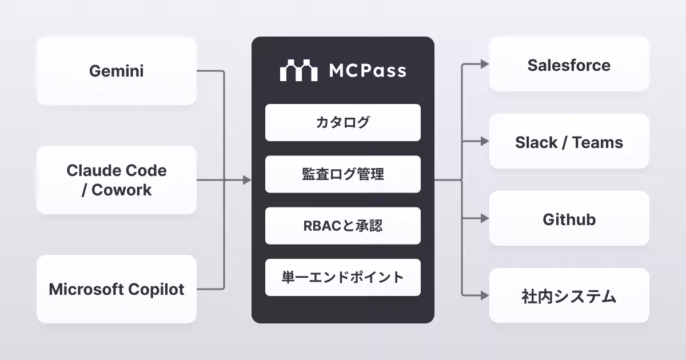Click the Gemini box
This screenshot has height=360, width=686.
click(117, 71)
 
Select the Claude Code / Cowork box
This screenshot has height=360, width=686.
click(117, 180)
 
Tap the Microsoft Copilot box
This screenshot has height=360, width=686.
click(117, 289)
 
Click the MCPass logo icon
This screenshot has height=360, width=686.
click(298, 70)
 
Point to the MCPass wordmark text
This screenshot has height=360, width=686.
click(368, 71)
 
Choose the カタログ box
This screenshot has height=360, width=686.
click(342, 122)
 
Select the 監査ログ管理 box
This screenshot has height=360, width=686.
click(342, 174)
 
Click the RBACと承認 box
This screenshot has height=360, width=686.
click(342, 226)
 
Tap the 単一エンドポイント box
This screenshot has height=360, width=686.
click(342, 278)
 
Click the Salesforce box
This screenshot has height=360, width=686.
click(569, 65)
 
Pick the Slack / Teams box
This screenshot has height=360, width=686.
click(569, 142)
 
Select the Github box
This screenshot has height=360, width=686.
click(569, 219)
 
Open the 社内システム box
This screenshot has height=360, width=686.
click(569, 296)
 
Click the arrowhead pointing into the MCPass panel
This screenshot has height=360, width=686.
click(247, 180)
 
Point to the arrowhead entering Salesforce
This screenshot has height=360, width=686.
click(485, 65)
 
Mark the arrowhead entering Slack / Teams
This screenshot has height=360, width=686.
click(485, 142)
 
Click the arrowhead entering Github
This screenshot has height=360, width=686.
click(485, 219)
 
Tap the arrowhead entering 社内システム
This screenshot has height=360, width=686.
click(485, 296)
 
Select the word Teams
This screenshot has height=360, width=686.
click(598, 142)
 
